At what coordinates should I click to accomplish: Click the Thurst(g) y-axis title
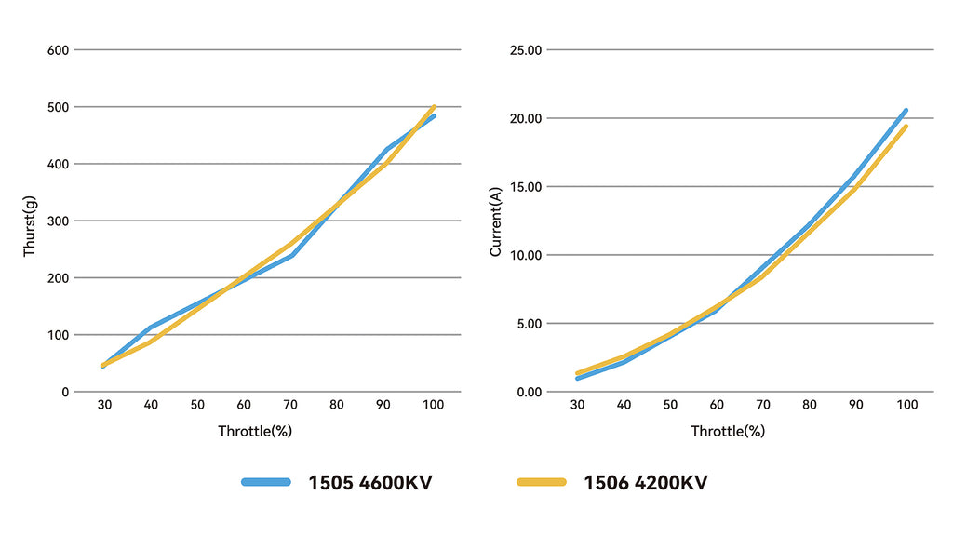(29, 226)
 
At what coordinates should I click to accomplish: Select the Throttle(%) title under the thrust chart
(256, 431)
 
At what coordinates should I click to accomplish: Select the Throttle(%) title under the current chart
(728, 431)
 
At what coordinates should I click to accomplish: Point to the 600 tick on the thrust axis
(58, 49)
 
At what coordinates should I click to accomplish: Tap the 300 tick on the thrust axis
(58, 221)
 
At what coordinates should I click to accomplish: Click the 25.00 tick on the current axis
(527, 49)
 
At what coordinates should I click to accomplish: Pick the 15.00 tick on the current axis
(527, 186)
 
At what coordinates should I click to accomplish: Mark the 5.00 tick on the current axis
(530, 323)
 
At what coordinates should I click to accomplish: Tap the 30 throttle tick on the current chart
(577, 405)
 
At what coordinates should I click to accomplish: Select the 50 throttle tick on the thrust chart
(197, 405)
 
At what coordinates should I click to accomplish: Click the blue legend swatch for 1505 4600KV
(268, 482)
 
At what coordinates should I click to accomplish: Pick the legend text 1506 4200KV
(645, 482)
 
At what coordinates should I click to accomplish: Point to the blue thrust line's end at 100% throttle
(434, 116)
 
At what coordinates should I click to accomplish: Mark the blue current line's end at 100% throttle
(906, 110)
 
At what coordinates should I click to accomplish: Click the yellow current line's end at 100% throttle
(906, 127)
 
